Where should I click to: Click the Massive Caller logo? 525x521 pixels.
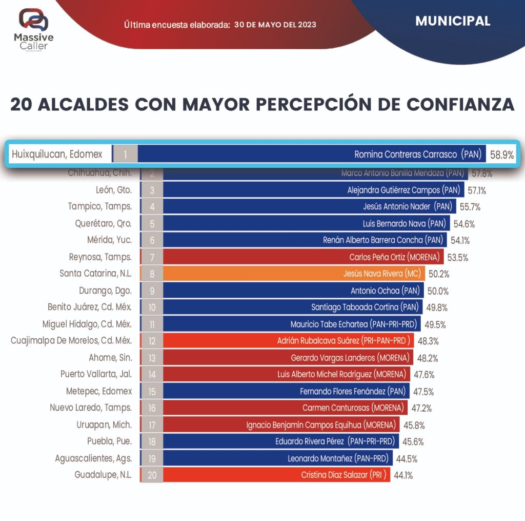(x=33, y=30)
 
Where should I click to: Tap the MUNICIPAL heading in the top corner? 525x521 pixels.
(x=453, y=21)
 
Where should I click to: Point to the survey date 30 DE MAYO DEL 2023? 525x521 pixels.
(x=275, y=25)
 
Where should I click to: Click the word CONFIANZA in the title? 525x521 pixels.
(x=460, y=104)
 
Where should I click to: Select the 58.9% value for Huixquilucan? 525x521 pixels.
(x=502, y=155)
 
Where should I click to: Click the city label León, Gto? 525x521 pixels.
(x=114, y=190)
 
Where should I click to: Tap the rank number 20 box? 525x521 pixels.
(x=152, y=475)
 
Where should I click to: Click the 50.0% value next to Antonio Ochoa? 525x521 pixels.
(x=438, y=291)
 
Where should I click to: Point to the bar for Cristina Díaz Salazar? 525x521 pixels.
(x=277, y=475)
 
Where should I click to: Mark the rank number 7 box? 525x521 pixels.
(x=152, y=257)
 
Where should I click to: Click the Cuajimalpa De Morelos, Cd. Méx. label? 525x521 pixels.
(x=71, y=341)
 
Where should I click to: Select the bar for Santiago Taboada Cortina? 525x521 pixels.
(x=292, y=307)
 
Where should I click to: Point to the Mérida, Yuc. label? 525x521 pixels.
(x=109, y=240)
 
